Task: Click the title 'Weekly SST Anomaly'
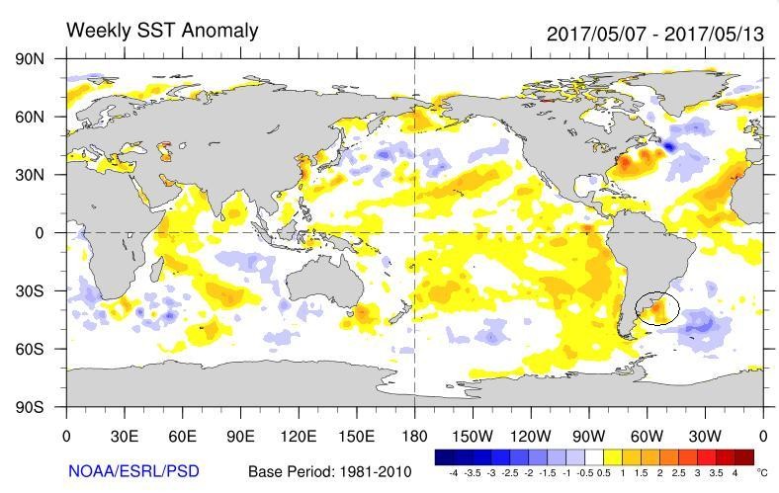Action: pyautogui.click(x=162, y=31)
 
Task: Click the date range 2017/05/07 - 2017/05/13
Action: pyautogui.click(x=654, y=33)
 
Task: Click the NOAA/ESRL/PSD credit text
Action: pyautogui.click(x=133, y=471)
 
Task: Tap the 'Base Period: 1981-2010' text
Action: pyautogui.click(x=326, y=471)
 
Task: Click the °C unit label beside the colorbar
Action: pyautogui.click(x=762, y=473)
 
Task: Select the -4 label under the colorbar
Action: pyautogui.click(x=452, y=473)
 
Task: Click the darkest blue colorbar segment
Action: pyautogui.click(x=443, y=456)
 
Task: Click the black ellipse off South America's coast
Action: pyautogui.click(x=657, y=309)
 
